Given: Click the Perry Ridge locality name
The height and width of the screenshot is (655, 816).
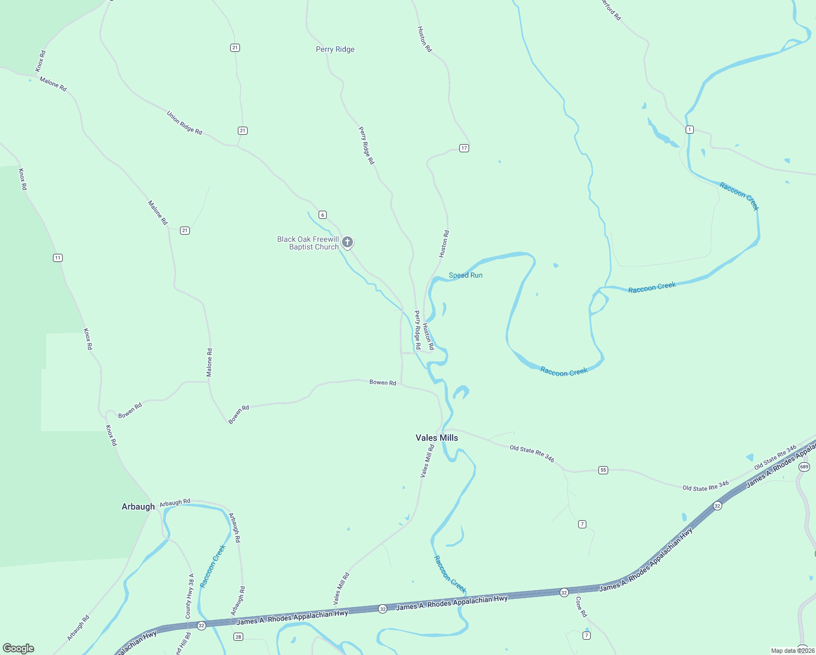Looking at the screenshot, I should point(335,50).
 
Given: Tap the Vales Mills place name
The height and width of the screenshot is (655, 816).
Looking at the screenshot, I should point(436,438).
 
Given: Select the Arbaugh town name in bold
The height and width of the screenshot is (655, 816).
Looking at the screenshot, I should point(138,507).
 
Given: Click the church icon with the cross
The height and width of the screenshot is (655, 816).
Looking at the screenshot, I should point(347,242).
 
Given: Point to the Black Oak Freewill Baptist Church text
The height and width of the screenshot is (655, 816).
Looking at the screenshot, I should point(308,243).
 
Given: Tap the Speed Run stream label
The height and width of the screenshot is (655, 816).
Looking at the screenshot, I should point(465,275).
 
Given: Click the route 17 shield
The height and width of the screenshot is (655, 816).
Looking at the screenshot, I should point(464,148).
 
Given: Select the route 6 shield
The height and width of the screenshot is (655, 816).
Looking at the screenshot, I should point(323,215).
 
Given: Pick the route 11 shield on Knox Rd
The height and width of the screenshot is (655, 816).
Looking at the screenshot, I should point(58,258).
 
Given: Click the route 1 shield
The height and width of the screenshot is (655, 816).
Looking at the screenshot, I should point(690,129).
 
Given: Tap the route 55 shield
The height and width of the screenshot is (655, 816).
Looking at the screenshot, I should point(603,470).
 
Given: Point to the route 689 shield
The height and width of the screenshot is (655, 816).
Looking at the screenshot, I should point(804,467).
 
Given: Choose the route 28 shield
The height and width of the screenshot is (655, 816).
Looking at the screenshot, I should point(238,637).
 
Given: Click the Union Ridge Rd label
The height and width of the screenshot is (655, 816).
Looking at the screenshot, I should point(184,123).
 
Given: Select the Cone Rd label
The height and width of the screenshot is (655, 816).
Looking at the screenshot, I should point(581,606).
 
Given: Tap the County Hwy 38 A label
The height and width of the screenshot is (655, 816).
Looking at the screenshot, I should point(190,596).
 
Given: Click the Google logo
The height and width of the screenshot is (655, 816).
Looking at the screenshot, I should point(19,648).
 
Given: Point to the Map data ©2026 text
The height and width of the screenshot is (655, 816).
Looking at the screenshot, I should point(793,651).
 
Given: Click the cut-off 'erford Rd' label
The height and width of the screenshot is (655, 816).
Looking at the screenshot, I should point(611,9).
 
